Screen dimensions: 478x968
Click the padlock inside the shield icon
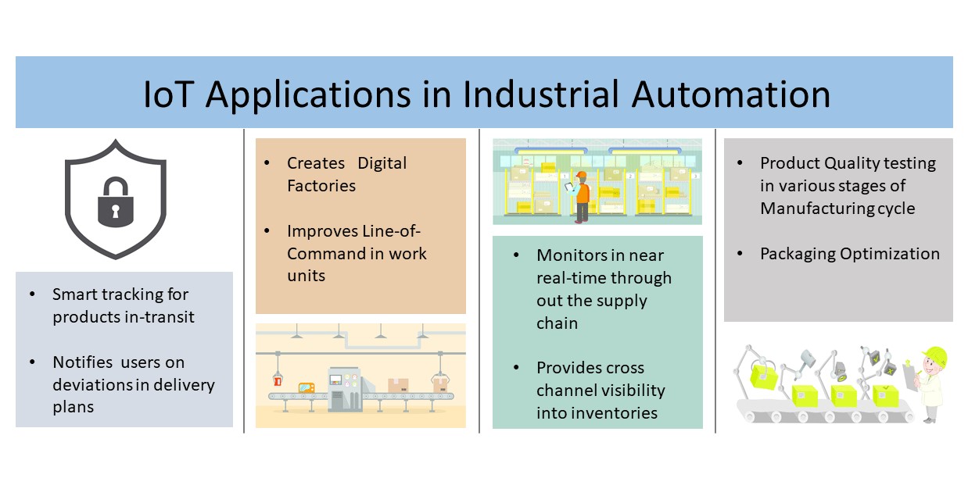116,202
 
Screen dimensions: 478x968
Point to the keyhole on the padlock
116,211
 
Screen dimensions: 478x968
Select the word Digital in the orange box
382,163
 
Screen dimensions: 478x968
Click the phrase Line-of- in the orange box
389,231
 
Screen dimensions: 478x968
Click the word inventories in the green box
597,413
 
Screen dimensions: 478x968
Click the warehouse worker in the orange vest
581,195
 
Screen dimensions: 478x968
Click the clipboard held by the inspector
910,373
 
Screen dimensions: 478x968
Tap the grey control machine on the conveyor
344,387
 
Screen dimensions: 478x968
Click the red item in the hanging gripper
277,380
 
